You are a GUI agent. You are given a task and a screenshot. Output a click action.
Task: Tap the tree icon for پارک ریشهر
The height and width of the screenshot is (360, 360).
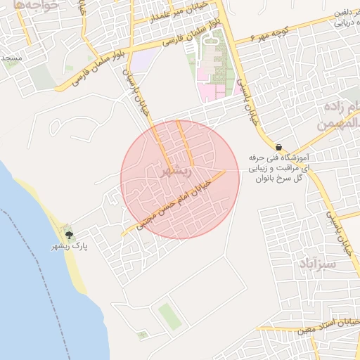68,234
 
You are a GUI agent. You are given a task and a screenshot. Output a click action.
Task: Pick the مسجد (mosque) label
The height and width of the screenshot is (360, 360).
12,57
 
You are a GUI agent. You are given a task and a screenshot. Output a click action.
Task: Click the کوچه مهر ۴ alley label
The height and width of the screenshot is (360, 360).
270,34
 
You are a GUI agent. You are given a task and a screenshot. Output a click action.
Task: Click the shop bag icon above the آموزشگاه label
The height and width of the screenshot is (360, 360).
279,148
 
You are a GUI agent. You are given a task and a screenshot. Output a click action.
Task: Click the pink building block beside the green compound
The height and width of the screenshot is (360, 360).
210,90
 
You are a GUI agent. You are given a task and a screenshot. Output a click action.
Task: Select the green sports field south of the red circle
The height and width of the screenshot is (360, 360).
169,316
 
